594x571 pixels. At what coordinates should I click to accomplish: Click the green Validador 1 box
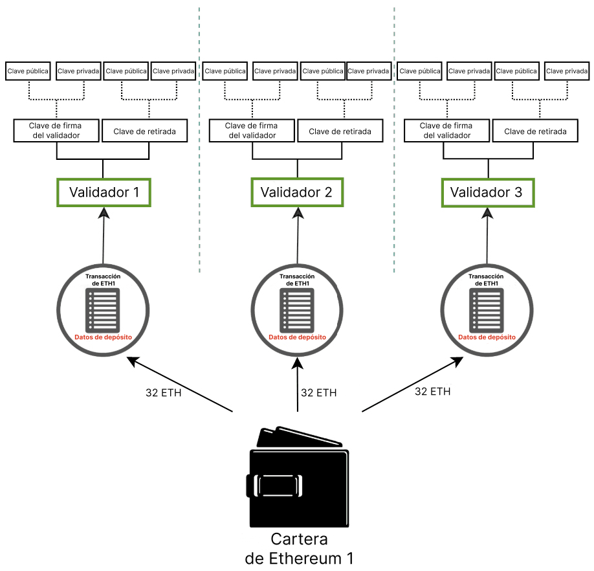pyautogui.click(x=104, y=192)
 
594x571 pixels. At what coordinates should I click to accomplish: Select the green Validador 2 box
pyautogui.click(x=296, y=192)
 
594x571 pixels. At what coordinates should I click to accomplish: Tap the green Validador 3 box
pyautogui.click(x=488, y=192)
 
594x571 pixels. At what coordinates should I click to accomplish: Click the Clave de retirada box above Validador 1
pyautogui.click(x=145, y=131)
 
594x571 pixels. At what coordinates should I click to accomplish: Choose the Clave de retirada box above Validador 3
pyautogui.click(x=535, y=131)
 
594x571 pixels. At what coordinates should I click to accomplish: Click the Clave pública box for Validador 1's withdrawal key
pyautogui.click(x=126, y=71)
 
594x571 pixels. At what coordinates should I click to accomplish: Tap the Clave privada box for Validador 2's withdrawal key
pyautogui.click(x=369, y=71)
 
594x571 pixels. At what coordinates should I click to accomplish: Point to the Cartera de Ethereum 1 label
pyautogui.click(x=299, y=549)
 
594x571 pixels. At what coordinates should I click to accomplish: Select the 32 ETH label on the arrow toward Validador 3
pyautogui.click(x=432, y=392)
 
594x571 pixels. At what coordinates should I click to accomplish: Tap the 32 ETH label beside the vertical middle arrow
pyautogui.click(x=318, y=392)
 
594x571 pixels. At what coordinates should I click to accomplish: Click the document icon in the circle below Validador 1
pyautogui.click(x=104, y=309)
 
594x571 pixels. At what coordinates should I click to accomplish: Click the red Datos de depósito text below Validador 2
pyautogui.click(x=297, y=337)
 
